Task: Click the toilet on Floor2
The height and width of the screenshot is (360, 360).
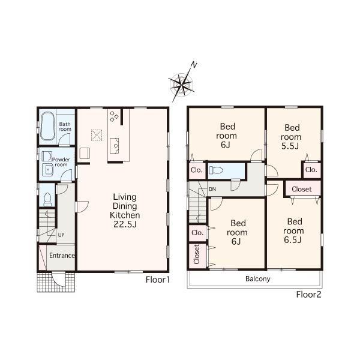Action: click(x=217, y=171)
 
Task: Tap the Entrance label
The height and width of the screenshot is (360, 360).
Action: click(x=62, y=256)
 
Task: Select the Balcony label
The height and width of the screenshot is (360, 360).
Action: click(x=257, y=279)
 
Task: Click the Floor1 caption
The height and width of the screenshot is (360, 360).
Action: click(x=158, y=280)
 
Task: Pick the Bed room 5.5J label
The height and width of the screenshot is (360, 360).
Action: click(x=292, y=136)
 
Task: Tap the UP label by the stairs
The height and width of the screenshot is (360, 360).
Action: click(x=61, y=235)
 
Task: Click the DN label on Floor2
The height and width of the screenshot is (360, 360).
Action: click(x=212, y=190)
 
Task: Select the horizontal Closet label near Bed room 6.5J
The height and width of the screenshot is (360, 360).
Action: click(x=302, y=189)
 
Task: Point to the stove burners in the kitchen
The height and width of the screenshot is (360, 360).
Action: click(x=114, y=116)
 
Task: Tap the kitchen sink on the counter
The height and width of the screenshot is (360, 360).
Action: click(x=115, y=145)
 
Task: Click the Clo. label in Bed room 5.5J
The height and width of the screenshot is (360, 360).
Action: click(x=310, y=170)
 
